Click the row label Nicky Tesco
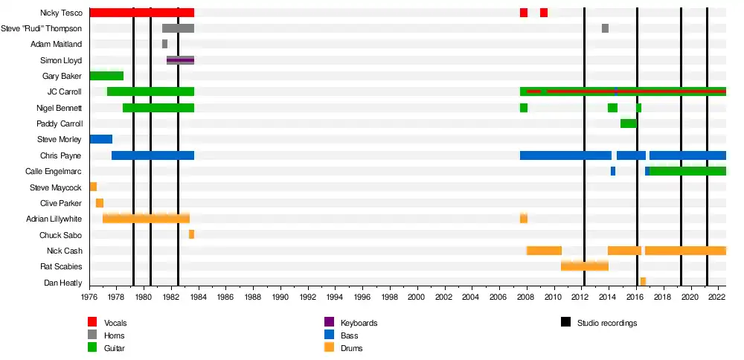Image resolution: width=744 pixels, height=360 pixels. [62, 13]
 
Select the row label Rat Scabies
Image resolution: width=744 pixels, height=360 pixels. [61, 266]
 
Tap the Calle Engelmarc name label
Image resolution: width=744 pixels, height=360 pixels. [53, 171]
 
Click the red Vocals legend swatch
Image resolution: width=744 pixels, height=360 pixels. [92, 323]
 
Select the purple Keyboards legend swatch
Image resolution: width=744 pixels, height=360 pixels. [329, 323]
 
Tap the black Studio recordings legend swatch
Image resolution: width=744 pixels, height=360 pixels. [566, 323]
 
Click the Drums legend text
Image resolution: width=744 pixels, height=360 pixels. [352, 348]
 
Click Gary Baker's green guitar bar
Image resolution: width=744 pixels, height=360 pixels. [106, 76]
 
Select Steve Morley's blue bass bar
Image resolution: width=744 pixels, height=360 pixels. [100, 139]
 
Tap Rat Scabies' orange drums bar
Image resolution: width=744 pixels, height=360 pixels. [585, 266]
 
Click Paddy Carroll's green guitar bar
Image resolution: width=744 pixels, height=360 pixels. [628, 123]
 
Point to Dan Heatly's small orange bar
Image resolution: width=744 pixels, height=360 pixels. [643, 282]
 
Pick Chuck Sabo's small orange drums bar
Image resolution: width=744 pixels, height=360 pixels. [191, 234]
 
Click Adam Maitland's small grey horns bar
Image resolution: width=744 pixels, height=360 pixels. [164, 44]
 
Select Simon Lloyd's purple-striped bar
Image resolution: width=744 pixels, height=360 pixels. [180, 60]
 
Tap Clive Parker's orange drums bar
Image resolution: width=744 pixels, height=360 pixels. [100, 203]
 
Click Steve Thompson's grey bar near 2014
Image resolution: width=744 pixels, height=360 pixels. [605, 28]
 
